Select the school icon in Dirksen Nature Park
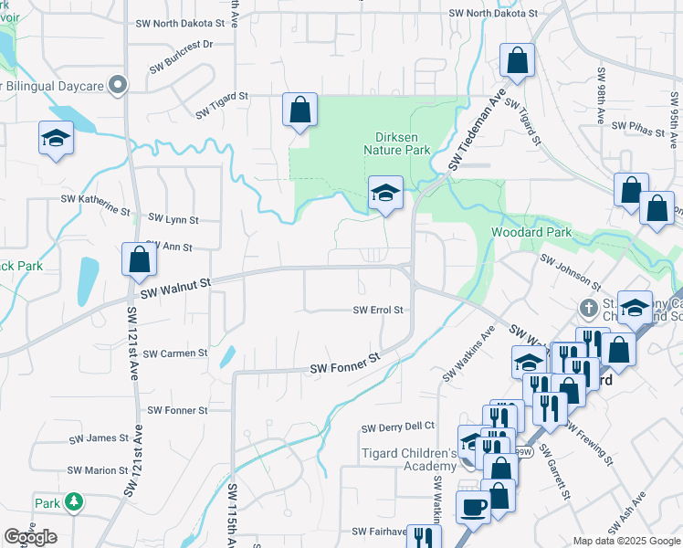385,194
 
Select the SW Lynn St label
171,220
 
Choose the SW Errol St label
378,311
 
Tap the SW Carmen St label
175,353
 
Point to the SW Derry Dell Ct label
398,427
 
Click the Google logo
31,537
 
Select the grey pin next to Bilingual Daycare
117,86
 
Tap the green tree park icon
73,502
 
